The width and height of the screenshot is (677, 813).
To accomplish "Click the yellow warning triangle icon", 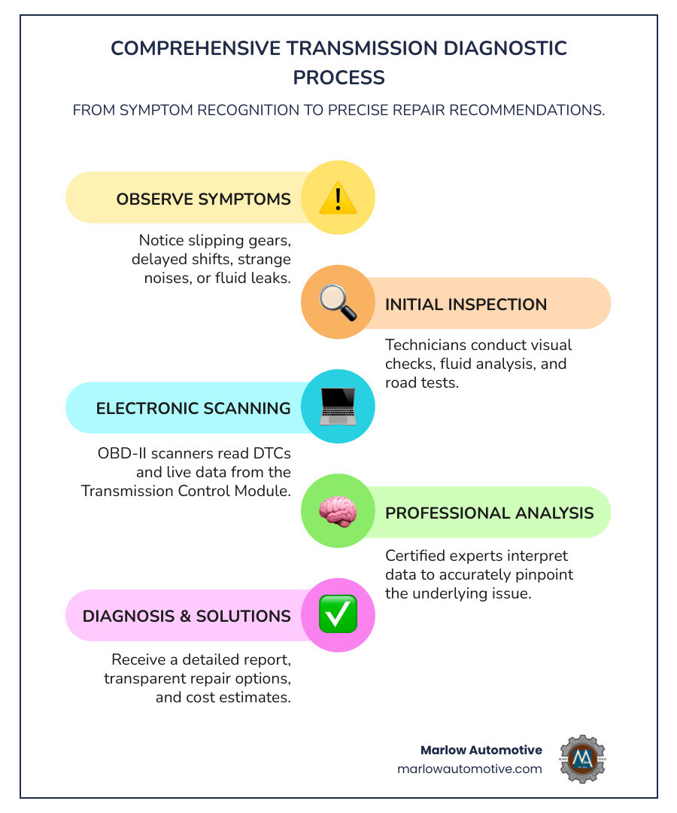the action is tap(338, 198).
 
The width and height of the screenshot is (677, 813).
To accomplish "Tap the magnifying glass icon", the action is tap(338, 303).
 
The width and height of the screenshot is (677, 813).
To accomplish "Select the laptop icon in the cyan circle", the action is tap(338, 407).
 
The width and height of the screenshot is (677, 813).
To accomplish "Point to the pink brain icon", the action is tap(338, 512).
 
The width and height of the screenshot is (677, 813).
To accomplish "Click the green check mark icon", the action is tap(338, 615).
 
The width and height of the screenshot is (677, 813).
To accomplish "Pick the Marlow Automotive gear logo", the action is tap(582, 759).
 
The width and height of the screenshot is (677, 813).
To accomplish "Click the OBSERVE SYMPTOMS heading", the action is tap(203, 199).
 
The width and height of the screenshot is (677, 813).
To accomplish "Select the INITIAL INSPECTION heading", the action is tap(466, 305).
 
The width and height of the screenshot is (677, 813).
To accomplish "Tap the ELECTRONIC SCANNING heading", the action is tap(193, 409).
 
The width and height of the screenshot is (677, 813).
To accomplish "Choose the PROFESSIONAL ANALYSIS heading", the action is tap(490, 513).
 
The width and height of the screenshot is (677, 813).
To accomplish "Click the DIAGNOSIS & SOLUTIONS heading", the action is tap(187, 617).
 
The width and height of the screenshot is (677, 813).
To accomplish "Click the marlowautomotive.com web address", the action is tap(469, 769).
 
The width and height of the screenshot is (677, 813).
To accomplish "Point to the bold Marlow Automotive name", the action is tap(481, 750).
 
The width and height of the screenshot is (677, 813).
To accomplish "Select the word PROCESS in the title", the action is tap(338, 78).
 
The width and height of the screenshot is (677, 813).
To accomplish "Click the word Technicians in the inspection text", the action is tap(427, 346).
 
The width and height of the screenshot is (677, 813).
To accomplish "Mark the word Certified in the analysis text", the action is tap(416, 556).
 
